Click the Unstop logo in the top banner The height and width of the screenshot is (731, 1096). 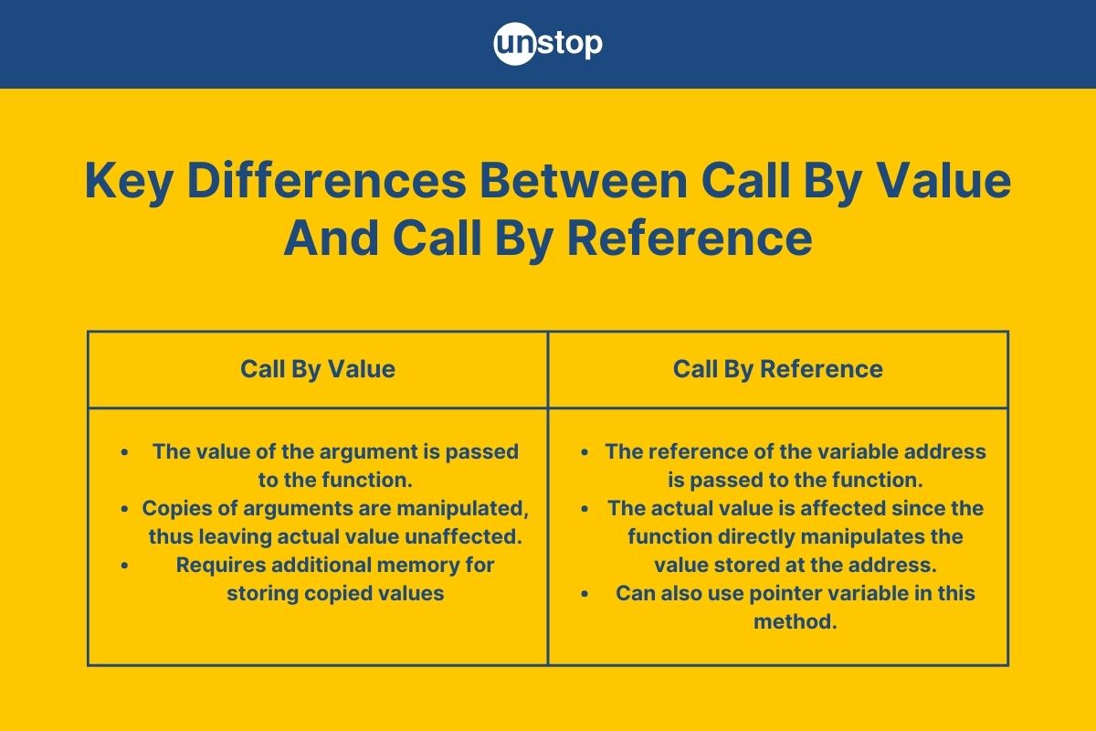[548, 44]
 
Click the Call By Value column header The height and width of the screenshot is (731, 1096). [318, 369]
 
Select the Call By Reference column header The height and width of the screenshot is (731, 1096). [778, 369]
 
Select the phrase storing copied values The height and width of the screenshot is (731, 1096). [335, 593]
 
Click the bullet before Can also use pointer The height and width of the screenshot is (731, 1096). [585, 594]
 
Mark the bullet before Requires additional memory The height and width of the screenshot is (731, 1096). [124, 566]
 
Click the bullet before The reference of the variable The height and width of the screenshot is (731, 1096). [585, 451]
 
